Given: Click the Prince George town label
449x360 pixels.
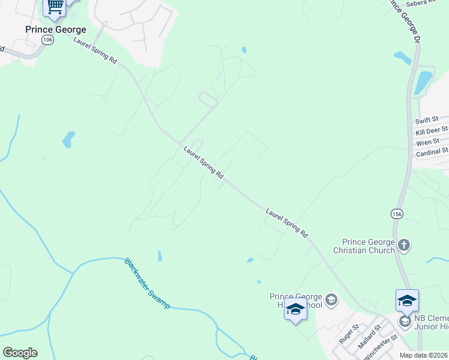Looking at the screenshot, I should click(x=55, y=29).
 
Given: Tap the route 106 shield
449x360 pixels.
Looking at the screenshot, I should click(x=47, y=40).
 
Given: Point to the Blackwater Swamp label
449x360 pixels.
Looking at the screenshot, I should click(x=147, y=283).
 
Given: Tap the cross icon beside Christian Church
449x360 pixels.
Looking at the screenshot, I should click(x=404, y=245).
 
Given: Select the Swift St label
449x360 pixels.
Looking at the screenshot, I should click(x=427, y=120).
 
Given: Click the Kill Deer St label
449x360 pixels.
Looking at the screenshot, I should click(x=431, y=130).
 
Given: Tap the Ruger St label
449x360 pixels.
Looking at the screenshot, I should click(x=348, y=334).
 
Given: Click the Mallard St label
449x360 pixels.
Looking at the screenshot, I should click(x=369, y=337).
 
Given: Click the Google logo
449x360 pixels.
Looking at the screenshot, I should click(x=20, y=353).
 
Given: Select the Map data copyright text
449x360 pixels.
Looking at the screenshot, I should click(x=424, y=355).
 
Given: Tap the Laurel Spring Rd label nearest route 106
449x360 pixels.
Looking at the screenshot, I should click(x=95, y=50).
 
